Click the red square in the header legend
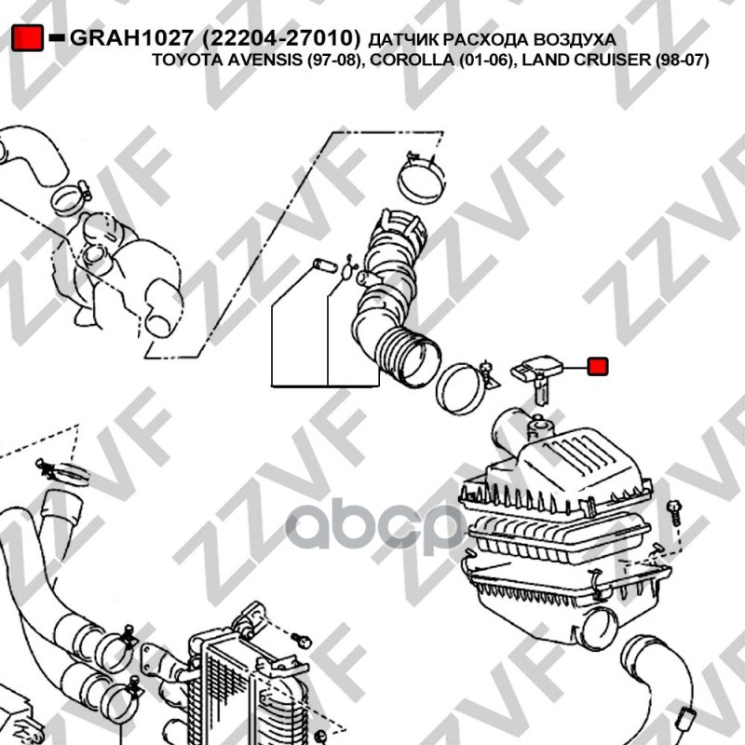pos(28,38)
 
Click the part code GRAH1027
pos(132,38)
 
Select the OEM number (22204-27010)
pos(281,38)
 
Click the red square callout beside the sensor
pos(598,366)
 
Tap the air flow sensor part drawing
pos(537,378)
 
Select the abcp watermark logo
pos(375,526)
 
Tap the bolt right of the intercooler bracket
pos(301,641)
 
